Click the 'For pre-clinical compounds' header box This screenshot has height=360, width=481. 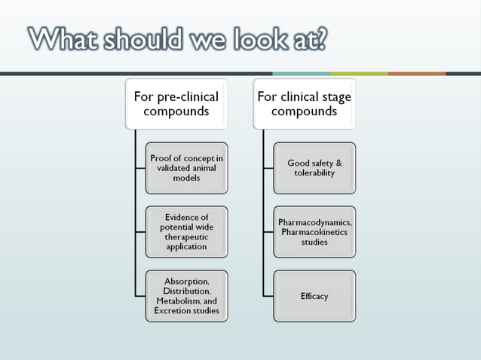176,104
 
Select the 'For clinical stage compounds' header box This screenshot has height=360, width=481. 304,104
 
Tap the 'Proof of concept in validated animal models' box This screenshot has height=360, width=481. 186,168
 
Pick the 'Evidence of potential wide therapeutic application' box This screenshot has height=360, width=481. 186,231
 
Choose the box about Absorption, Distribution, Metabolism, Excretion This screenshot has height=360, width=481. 186,295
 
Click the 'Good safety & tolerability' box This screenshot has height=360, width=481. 314,168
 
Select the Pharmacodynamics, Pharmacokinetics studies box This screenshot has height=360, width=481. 314,232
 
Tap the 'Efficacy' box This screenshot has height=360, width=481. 314,296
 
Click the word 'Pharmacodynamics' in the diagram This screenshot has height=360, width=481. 314,223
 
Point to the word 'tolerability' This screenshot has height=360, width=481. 314,173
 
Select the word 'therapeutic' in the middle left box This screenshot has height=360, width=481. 186,236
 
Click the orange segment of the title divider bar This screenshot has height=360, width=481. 417,73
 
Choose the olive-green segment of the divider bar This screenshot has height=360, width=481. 359,73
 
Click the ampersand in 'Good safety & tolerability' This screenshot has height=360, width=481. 339,163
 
